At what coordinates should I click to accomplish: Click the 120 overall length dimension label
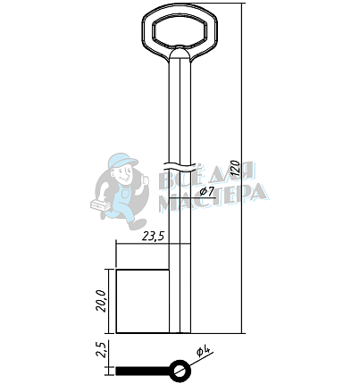(x=235, y=168)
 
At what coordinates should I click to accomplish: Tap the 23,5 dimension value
(x=153, y=237)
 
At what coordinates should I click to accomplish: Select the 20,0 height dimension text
(x=101, y=301)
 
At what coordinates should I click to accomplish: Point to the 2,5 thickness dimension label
(x=101, y=349)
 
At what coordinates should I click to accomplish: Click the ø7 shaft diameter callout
(x=207, y=191)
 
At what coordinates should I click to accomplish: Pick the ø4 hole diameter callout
(x=204, y=352)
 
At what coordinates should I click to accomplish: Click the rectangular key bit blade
(x=142, y=301)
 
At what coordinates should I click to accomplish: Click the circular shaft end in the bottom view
(x=180, y=371)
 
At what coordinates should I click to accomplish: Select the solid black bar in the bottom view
(x=143, y=371)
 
